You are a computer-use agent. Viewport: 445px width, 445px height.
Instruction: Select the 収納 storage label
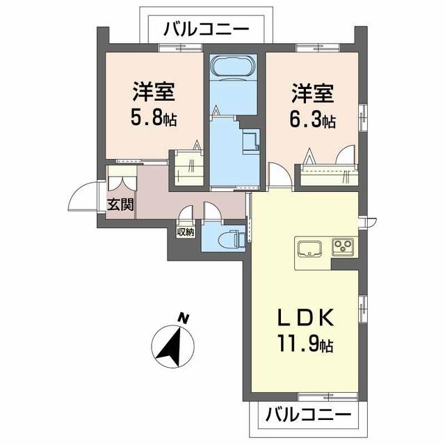185,232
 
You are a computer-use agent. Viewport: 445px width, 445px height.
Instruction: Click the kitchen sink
309,247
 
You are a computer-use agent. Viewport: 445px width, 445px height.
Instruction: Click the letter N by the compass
183,318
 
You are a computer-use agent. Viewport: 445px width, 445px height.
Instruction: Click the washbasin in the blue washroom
250,143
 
